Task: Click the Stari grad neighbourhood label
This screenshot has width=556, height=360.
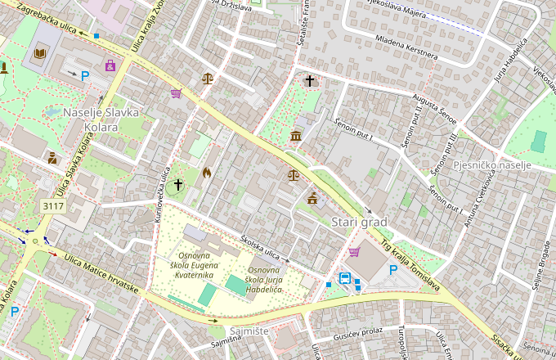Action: tap(359, 223)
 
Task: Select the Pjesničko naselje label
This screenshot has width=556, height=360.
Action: tap(492, 165)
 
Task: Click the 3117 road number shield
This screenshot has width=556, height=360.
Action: tap(53, 206)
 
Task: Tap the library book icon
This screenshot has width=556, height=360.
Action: tap(39, 55)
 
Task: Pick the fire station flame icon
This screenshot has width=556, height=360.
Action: tap(206, 173)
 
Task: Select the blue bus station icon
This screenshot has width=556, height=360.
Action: tap(345, 278)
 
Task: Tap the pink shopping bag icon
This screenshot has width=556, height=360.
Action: tap(110, 65)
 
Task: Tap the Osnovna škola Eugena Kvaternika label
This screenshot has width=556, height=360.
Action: tap(195, 266)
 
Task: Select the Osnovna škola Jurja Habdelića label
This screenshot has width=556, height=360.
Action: tap(265, 280)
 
